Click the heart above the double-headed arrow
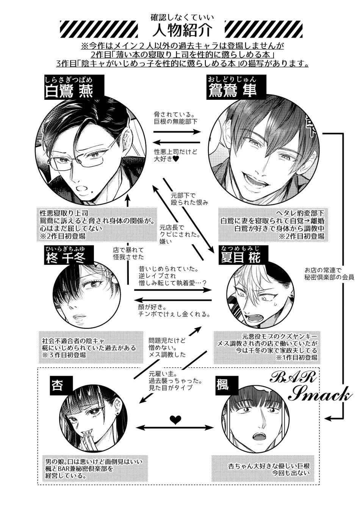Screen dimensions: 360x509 coord(175,418)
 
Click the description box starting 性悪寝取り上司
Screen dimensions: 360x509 coord(97,224)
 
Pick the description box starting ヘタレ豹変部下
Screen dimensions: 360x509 coord(271,224)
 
